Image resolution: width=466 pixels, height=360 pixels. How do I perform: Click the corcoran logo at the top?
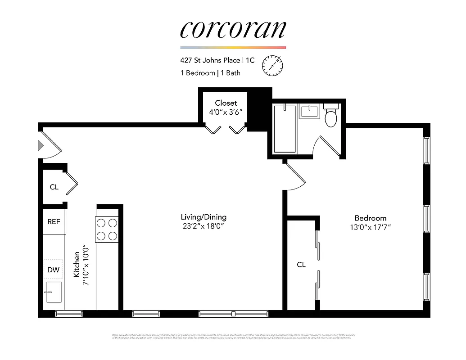tap(233, 29)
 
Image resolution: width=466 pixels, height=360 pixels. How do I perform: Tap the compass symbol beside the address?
tap(273, 65)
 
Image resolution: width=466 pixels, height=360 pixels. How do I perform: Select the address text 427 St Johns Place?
tap(210, 60)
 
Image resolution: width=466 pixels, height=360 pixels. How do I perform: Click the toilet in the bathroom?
tap(331, 117)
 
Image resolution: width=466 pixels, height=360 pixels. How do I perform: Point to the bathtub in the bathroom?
tap(285, 129)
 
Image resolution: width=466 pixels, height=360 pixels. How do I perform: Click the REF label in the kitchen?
tap(54, 222)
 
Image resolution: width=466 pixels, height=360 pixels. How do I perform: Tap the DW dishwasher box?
tap(54, 270)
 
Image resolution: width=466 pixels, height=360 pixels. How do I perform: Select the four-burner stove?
tap(107, 229)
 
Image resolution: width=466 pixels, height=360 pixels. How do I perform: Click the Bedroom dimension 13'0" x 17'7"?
tap(370, 227)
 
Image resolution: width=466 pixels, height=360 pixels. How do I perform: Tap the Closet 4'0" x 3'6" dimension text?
tap(226, 112)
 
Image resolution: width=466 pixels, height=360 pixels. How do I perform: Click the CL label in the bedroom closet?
tap(301, 265)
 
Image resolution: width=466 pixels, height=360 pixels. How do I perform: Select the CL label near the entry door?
tap(54, 187)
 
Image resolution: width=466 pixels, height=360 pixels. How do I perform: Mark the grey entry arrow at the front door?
tap(40, 145)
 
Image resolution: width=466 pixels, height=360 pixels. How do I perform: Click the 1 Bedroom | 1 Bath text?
tap(210, 73)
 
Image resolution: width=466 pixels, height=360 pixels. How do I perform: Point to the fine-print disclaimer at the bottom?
tap(233, 336)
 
